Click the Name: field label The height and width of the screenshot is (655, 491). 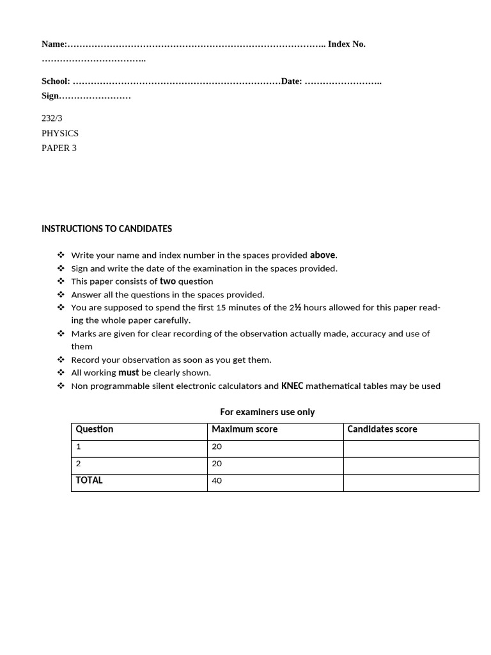[54, 44]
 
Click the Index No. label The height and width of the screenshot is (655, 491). [347, 44]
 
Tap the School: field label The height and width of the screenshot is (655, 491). [56, 81]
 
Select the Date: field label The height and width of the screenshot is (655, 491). [292, 81]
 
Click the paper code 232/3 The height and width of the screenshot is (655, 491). [52, 118]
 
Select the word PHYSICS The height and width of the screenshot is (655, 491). [60, 133]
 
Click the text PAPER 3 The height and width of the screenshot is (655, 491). [59, 148]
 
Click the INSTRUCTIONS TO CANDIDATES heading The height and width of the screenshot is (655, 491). [106, 228]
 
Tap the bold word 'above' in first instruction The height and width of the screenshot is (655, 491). [323, 255]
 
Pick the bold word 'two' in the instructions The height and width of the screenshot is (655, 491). [168, 281]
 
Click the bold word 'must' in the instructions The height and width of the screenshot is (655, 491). [129, 372]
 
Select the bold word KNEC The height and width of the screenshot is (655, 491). [292, 386]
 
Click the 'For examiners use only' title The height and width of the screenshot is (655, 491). [267, 412]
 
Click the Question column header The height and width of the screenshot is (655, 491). [95, 429]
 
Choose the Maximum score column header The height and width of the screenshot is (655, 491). [244, 429]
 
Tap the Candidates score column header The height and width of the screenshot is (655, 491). [382, 429]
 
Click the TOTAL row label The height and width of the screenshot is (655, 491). [89, 480]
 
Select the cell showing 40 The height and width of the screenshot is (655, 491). [217, 480]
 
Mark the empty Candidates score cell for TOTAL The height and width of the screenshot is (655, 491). [410, 482]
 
